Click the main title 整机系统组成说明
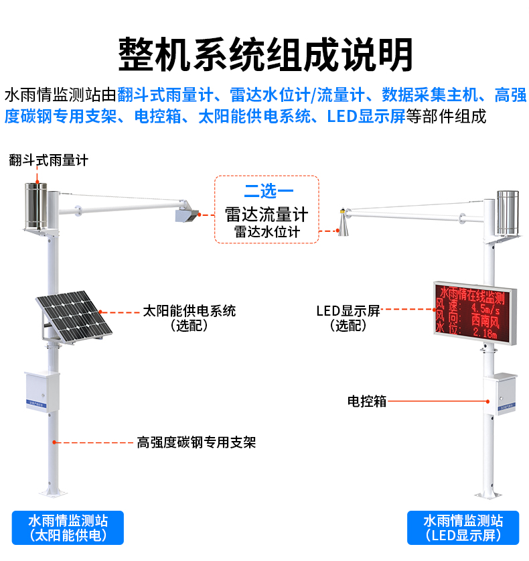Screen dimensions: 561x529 265,52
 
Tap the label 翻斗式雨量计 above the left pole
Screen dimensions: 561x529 48,160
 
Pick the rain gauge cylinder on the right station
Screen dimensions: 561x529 507,212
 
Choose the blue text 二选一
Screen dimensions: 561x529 267,192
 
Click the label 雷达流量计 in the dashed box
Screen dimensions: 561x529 267,214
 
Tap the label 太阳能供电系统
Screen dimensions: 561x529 190,311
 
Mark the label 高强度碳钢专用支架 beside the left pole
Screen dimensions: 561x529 196,442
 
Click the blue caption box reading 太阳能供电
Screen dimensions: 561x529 68,527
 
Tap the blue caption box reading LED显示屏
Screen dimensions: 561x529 463,527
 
